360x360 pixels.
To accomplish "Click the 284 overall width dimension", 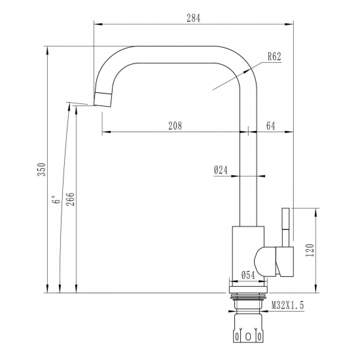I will (x=193, y=18).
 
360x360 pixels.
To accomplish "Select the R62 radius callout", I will (x=274, y=57).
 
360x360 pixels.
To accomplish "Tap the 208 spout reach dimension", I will (x=175, y=125).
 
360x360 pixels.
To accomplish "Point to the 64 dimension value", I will (x=271, y=125).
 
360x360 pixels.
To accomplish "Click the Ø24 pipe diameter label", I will (x=221, y=170).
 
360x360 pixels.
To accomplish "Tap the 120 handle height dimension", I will (x=310, y=249).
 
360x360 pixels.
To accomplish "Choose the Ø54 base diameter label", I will (x=248, y=276).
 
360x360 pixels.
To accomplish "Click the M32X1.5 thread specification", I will (x=288, y=305).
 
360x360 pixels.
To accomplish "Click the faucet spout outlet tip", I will (x=103, y=99).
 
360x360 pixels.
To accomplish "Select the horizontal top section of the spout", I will (x=177, y=54).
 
